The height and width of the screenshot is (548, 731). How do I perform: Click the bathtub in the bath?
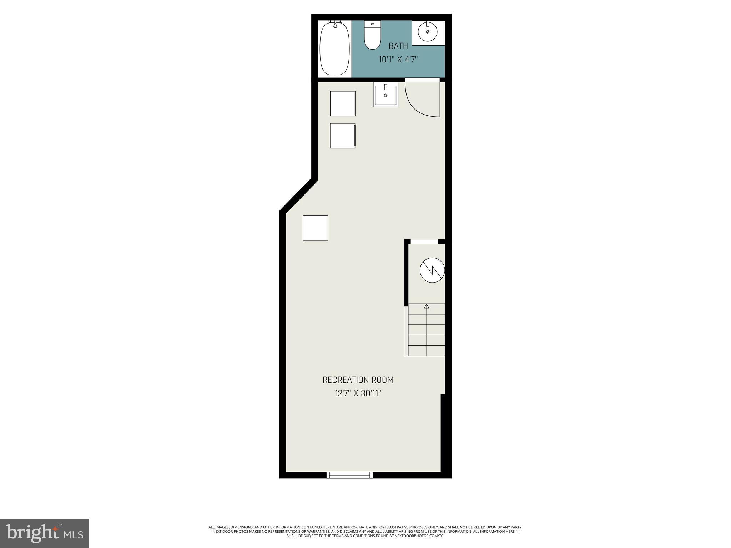pos(334,49)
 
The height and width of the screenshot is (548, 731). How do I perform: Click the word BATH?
pos(398,46)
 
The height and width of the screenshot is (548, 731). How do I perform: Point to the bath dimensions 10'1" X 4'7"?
pos(398,59)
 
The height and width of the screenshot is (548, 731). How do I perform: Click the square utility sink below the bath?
pos(385,95)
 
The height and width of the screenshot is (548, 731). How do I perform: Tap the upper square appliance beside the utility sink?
pos(343,103)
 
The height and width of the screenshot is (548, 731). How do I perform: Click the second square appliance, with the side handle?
pos(342,136)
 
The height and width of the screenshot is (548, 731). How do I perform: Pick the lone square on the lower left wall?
pos(316,228)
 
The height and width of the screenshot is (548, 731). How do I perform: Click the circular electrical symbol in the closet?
pos(432,270)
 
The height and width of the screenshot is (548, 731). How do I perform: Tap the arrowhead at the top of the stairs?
pos(427,306)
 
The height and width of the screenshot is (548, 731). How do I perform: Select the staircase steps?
pos(426,330)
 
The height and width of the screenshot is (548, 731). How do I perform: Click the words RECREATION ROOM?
pos(358,380)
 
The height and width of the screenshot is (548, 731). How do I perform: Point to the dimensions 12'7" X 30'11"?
pos(358,394)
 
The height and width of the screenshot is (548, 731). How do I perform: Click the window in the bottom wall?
pos(349,475)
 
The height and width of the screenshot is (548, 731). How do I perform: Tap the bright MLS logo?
pos(45,533)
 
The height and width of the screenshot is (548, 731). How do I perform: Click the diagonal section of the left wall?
pos(298,196)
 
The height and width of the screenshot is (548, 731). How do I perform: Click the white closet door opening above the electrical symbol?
pos(424,242)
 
